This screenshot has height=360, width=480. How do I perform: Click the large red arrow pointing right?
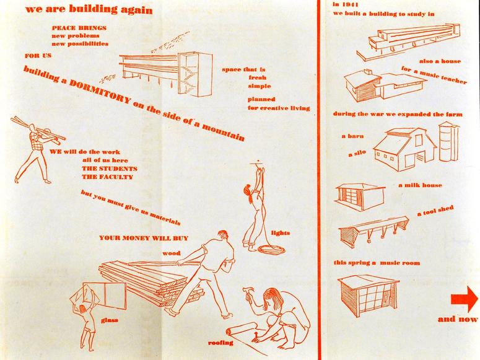pyautogui.click(x=465, y=299)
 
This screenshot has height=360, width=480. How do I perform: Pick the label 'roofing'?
pyautogui.click(x=220, y=343)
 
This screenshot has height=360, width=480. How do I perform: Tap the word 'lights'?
pyautogui.click(x=280, y=233)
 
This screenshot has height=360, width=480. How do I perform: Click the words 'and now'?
pyautogui.click(x=457, y=319)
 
